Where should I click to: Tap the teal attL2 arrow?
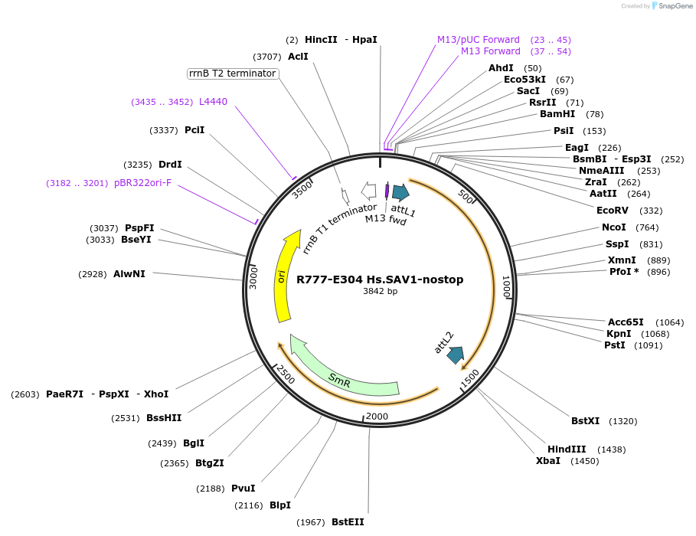pos(456,355)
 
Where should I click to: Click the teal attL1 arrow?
pos(400,192)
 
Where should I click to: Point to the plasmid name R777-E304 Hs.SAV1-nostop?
pos(380,279)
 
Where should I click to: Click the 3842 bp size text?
pos(380,291)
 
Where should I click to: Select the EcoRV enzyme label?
pos(613,211)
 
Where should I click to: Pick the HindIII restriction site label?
pos(567,449)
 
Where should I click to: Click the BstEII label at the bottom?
pos(348,522)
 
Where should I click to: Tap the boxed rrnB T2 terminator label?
pos(232,74)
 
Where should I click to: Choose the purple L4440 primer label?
pos(213,102)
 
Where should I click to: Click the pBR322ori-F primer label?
pos(143,183)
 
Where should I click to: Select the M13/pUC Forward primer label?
pos(479,40)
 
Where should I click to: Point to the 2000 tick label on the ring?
pos(377,416)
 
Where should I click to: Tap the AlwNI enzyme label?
pos(129,274)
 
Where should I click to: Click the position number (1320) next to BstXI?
pos(622,421)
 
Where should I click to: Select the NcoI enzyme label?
pos(613,227)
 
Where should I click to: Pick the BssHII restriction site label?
pos(164,418)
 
